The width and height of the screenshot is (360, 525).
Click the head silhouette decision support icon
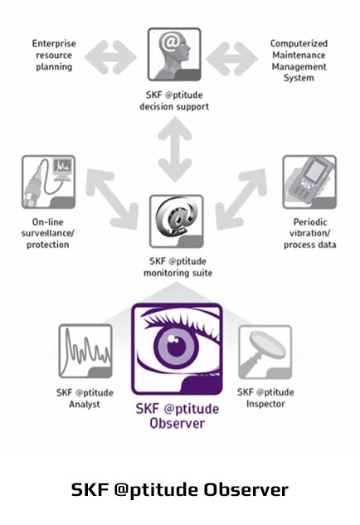[x=174, y=54]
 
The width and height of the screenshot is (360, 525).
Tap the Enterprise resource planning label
[x=54, y=55]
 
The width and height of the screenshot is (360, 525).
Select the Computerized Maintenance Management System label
[x=299, y=61]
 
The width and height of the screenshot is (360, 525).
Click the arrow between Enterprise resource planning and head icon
[x=110, y=57]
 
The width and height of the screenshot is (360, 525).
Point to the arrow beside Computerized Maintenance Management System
[x=231, y=58]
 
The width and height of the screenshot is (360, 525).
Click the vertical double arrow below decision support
[x=175, y=149]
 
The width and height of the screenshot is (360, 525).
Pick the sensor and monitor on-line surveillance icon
[x=49, y=182]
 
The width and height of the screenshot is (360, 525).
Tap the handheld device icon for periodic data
[x=309, y=182]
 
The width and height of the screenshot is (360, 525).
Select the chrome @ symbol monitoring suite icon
[x=177, y=221]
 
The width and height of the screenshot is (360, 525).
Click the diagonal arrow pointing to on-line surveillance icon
[x=112, y=199]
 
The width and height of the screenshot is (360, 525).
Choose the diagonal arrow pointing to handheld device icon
[x=241, y=199]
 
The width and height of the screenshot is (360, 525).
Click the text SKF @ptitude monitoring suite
[x=178, y=267]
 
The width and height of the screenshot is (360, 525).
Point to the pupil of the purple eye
[x=176, y=346]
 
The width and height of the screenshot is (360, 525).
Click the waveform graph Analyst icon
[x=85, y=351]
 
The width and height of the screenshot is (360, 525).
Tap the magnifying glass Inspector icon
[x=265, y=352]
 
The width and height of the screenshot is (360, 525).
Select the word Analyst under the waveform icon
[x=85, y=404]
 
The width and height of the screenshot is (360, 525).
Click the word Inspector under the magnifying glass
[x=265, y=404]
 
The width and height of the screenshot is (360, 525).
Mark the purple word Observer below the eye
[x=178, y=424]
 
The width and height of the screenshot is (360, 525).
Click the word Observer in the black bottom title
[x=246, y=489]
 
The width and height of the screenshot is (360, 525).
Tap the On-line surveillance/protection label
[x=47, y=233]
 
